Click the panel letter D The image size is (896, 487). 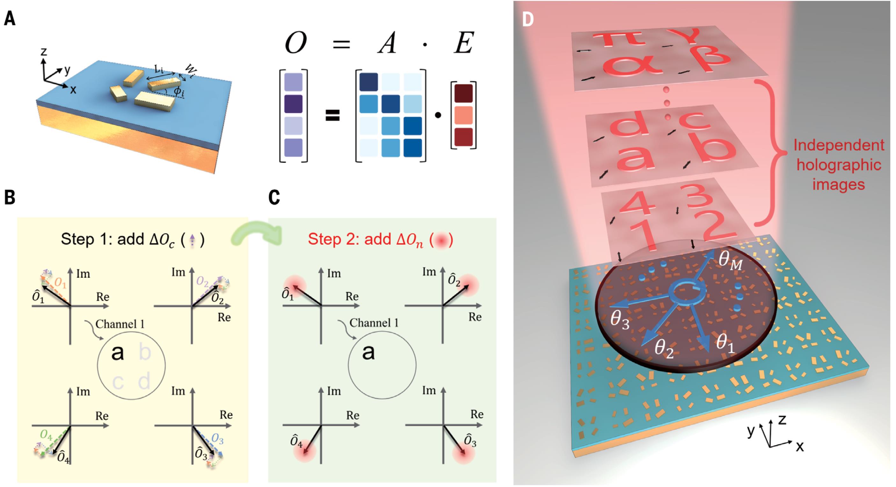coord(528,20)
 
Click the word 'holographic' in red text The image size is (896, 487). coord(839,165)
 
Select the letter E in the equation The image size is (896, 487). coord(464,43)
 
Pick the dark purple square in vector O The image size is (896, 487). coord(293,104)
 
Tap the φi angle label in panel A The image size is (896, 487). coord(179,92)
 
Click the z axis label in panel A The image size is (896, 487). coord(44,52)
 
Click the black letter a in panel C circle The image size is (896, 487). coord(369,352)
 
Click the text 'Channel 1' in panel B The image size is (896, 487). coord(120,324)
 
